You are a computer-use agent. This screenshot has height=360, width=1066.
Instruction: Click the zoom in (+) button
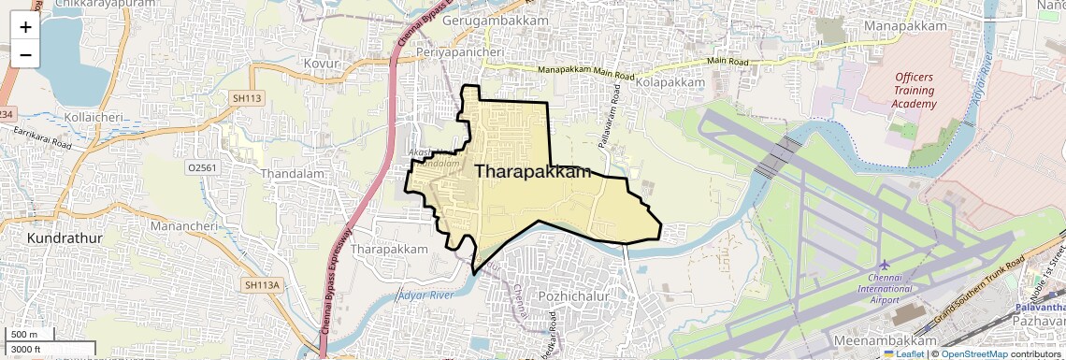click(25, 27)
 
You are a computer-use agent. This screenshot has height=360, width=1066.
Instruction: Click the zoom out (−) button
click(25, 55)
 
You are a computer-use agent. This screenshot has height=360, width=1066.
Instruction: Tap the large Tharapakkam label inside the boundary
click(534, 171)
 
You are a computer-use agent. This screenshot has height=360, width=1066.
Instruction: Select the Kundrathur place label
click(65, 238)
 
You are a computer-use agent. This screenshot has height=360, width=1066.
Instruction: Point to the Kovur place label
click(319, 63)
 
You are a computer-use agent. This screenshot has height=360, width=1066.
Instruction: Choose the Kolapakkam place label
click(669, 83)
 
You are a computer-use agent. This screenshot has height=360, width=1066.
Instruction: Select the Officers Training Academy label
click(915, 91)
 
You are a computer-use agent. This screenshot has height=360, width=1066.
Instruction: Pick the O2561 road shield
click(202, 166)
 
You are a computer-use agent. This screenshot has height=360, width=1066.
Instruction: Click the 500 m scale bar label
click(23, 335)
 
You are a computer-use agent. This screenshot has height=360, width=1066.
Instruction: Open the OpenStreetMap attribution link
click(973, 354)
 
